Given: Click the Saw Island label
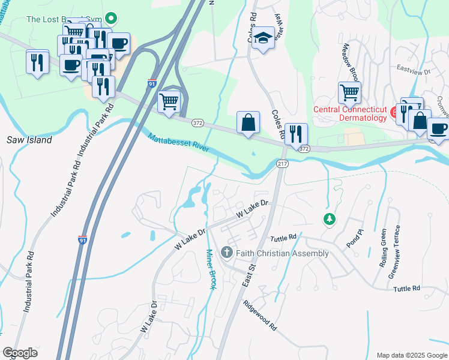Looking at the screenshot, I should click(x=29, y=140).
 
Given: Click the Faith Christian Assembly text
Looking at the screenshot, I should click(x=282, y=253).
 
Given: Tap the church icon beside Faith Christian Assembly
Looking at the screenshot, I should click(x=228, y=253).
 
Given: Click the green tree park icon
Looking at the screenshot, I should click(x=329, y=220).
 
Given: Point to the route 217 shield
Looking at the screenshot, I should click(x=283, y=164).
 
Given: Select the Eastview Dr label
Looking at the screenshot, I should click(x=414, y=71).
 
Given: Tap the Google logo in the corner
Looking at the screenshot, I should click(x=20, y=353).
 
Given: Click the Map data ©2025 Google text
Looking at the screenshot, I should click(x=411, y=355).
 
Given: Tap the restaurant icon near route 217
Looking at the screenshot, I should click(x=295, y=133).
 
